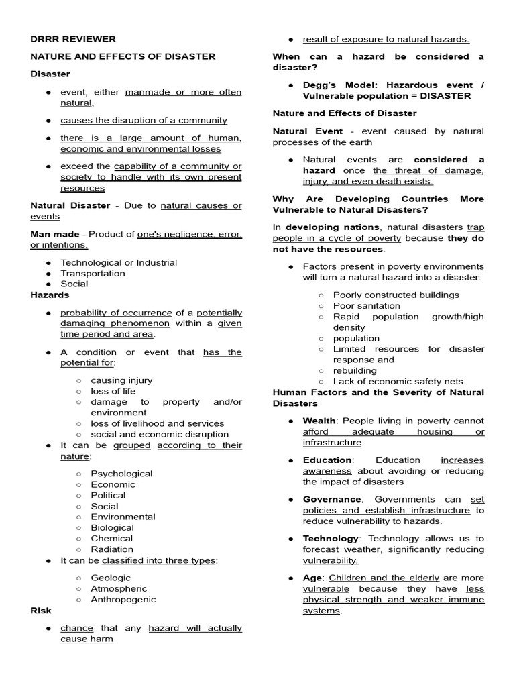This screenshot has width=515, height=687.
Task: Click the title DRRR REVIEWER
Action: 73,39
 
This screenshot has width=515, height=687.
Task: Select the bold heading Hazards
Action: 50,295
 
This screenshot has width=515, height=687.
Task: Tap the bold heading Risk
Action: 40,611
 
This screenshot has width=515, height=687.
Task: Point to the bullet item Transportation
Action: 93,273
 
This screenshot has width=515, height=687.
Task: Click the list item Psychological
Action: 121,474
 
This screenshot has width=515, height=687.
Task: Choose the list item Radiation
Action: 112,549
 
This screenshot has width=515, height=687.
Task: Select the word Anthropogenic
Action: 123,599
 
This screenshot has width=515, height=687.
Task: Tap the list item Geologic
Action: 111,578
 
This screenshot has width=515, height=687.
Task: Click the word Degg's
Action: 319,85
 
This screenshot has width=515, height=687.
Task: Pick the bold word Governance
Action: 332,499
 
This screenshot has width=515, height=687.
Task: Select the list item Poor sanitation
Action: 366,305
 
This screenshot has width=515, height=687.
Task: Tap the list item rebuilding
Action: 355,370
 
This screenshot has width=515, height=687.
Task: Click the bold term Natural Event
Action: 307,131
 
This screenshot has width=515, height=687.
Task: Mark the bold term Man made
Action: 53,234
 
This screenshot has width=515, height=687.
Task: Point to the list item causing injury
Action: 121,380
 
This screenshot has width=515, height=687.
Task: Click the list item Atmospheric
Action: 119,588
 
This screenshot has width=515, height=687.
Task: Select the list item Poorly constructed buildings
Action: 396,295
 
